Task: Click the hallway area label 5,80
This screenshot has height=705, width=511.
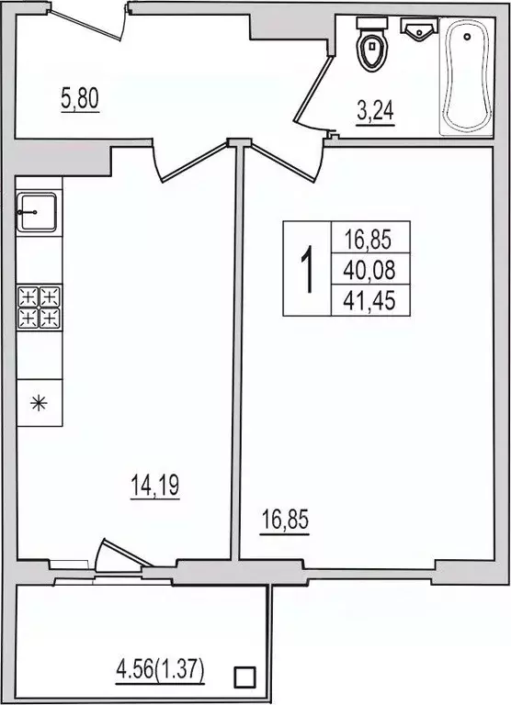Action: (x=80, y=98)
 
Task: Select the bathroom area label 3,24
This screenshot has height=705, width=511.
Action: (x=376, y=112)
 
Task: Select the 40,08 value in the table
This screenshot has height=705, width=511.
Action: (x=369, y=268)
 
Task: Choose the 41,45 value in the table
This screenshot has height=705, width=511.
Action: (x=369, y=299)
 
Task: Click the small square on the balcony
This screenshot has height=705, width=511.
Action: (x=244, y=678)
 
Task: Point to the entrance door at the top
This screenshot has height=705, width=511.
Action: (x=90, y=20)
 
